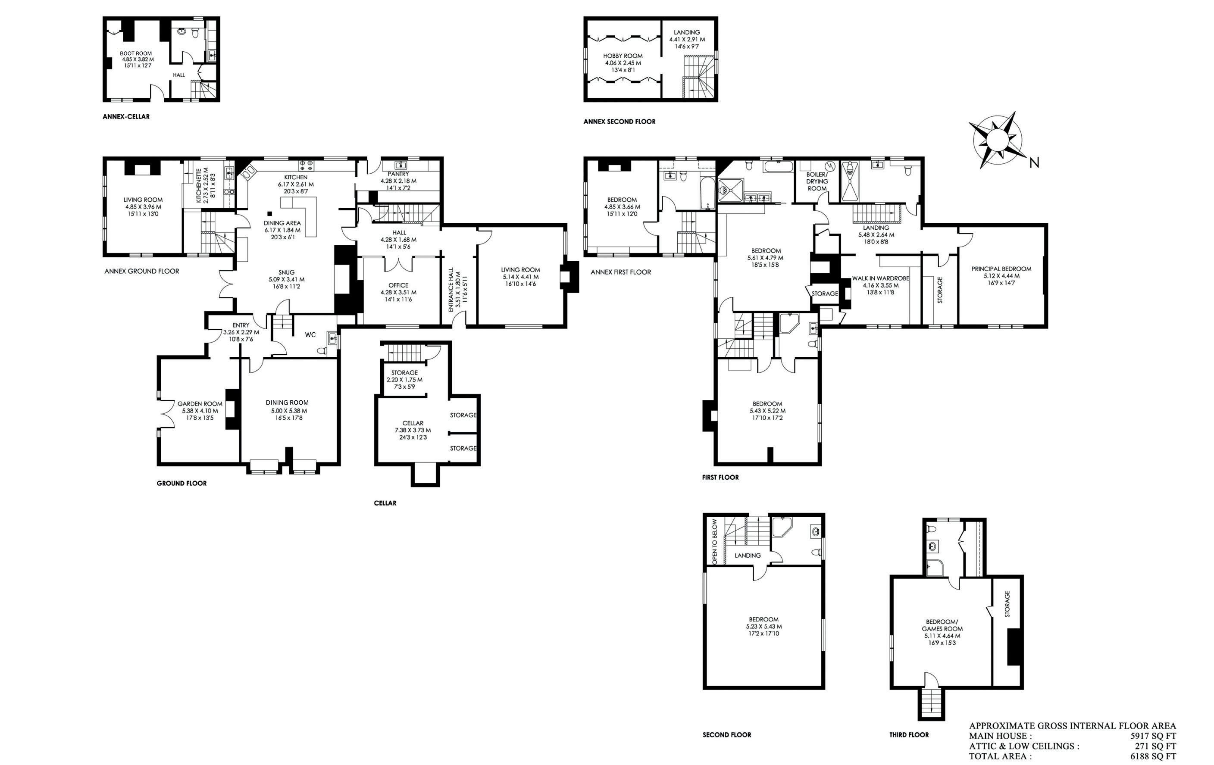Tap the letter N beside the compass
pos(1034,162)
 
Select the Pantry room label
pos(398,174)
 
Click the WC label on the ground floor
pos(310,334)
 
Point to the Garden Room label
pos(200,404)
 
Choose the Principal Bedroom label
pos(1001,269)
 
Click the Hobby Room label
pos(623,56)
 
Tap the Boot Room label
pos(136,53)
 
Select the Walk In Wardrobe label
pos(881,278)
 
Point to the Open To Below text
pos(714,541)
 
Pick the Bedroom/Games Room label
pos(942,625)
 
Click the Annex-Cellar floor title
pos(126,116)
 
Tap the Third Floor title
pos(909,735)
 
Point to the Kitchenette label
pos(199,185)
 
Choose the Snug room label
pos(286,272)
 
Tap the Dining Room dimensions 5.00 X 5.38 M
pos(287,410)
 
